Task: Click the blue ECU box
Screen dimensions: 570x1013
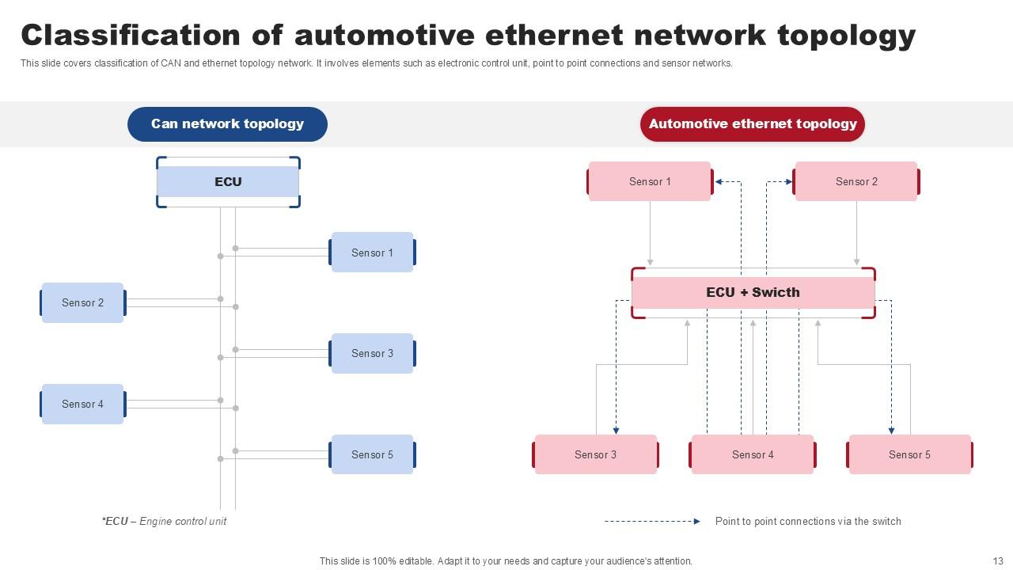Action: tap(228, 182)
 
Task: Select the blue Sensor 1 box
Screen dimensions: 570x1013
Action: tap(372, 253)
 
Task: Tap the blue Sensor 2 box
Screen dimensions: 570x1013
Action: tap(83, 302)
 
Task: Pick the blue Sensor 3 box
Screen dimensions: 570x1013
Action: tap(372, 353)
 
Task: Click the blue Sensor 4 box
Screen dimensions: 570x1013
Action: tap(83, 404)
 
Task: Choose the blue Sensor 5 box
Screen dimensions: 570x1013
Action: tap(372, 454)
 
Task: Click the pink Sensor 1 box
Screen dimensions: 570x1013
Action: tap(650, 181)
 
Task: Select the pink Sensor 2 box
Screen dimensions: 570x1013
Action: tap(856, 181)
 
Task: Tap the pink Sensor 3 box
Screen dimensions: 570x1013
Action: tap(595, 454)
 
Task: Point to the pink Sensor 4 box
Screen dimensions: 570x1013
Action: tap(753, 454)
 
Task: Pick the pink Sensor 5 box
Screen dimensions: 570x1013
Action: tap(909, 454)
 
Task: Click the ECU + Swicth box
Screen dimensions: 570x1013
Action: tap(753, 292)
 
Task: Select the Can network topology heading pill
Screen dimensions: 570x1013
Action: tap(227, 124)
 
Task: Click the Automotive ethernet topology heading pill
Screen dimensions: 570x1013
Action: tap(753, 124)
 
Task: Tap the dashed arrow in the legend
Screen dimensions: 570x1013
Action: tap(652, 521)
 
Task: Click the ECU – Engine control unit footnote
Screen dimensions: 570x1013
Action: tap(164, 521)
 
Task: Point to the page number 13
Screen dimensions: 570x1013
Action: tap(997, 560)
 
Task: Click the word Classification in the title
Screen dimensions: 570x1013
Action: tap(130, 36)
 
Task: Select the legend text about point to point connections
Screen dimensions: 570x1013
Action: tap(807, 521)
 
